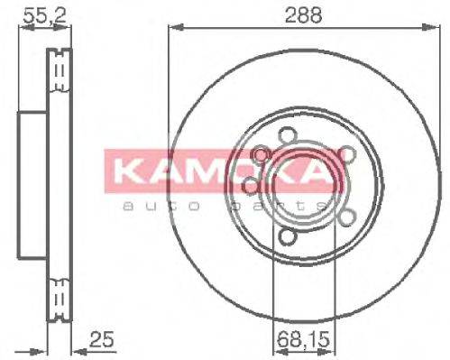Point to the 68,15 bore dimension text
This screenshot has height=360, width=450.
298,341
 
